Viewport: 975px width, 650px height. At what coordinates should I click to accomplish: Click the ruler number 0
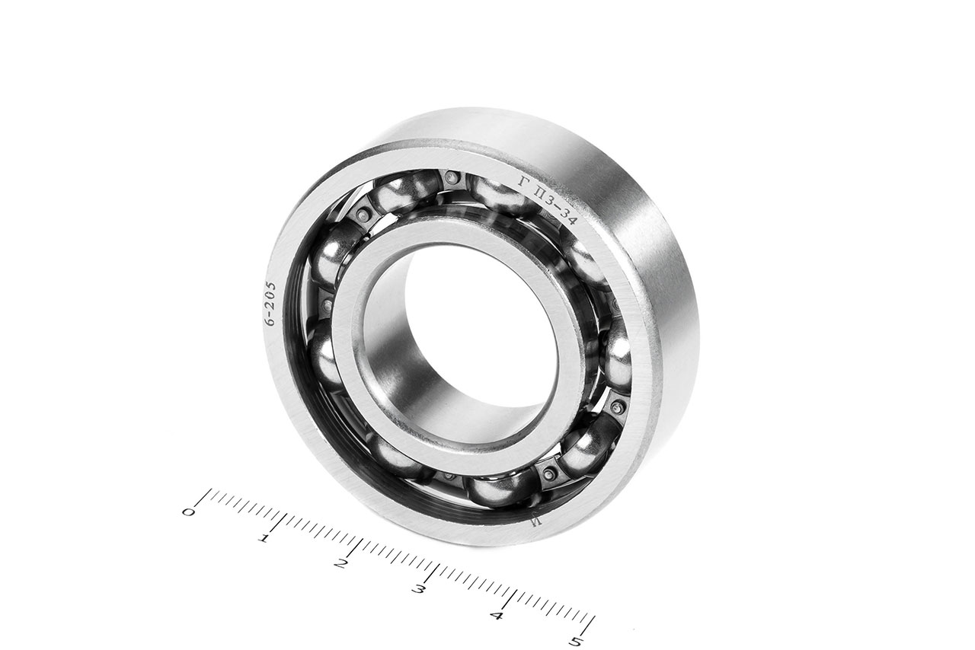pos(188,512)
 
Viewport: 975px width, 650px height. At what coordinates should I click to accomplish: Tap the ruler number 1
pos(264,539)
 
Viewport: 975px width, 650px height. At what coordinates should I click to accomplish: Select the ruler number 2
pos(340,564)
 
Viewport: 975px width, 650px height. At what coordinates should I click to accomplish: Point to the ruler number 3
pos(418,590)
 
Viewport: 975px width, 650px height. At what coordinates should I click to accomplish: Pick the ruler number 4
pos(497,616)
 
